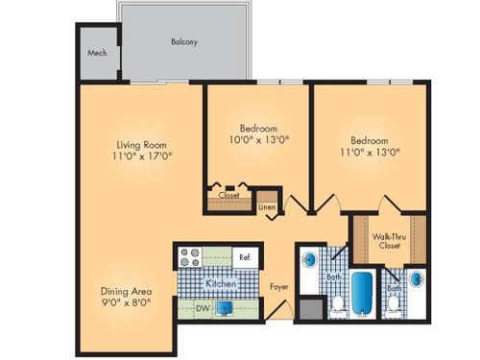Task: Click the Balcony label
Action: (184, 42)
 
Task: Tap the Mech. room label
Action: (96, 54)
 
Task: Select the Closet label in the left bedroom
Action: (228, 195)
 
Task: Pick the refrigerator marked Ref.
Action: (245, 257)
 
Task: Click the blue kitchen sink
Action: (225, 309)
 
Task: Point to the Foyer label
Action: (278, 286)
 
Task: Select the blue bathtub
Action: (362, 292)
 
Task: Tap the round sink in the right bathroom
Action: (419, 279)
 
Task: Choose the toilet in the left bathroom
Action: (337, 307)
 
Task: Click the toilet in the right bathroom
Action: (394, 308)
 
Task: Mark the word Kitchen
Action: (222, 284)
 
